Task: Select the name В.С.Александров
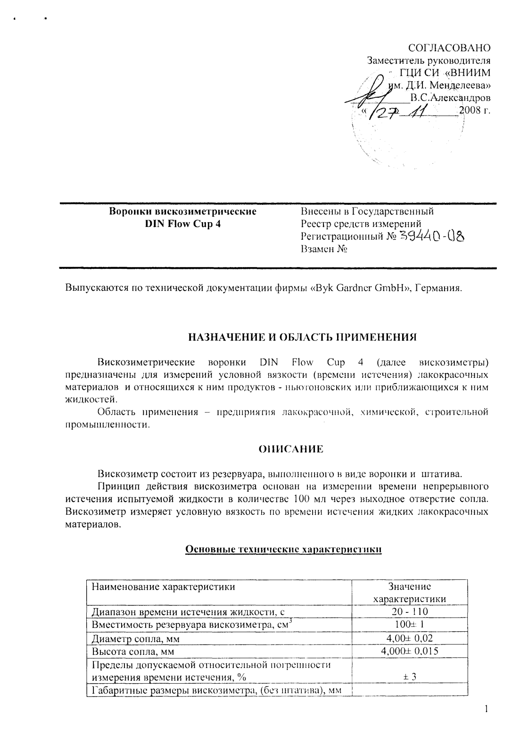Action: point(450,98)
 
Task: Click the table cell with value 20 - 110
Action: point(409,612)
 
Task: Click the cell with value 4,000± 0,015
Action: point(409,652)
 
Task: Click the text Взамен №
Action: point(324,249)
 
